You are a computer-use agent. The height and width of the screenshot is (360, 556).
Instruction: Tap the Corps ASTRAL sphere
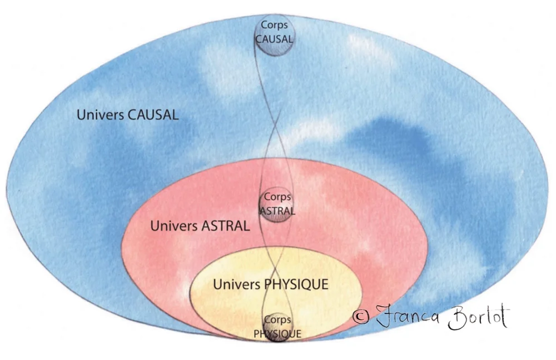(277, 204)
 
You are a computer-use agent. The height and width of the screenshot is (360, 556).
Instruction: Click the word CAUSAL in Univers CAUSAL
(153, 115)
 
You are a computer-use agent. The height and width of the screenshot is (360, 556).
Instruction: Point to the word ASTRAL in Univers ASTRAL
(226, 227)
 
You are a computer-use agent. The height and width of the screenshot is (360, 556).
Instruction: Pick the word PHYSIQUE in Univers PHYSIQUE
(295, 284)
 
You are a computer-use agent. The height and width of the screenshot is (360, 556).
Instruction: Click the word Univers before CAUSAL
(100, 115)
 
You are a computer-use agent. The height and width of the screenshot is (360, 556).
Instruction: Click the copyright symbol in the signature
(361, 317)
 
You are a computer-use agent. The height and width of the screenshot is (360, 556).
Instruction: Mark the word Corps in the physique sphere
(277, 321)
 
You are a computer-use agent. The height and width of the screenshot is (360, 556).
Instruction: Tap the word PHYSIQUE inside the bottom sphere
(277, 334)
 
